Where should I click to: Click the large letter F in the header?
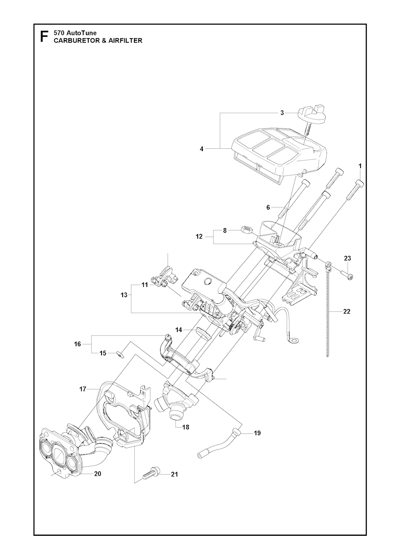44,37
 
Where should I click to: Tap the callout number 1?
360,166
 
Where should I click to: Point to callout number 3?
282,113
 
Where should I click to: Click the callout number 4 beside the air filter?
202,148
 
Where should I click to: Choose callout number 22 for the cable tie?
346,311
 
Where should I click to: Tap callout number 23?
347,258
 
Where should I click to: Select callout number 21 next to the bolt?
174,474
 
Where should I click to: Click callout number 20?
97,474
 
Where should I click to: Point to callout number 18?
186,427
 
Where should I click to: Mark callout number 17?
82,389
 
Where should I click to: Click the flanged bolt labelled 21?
150,474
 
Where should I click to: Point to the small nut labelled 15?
116,354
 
